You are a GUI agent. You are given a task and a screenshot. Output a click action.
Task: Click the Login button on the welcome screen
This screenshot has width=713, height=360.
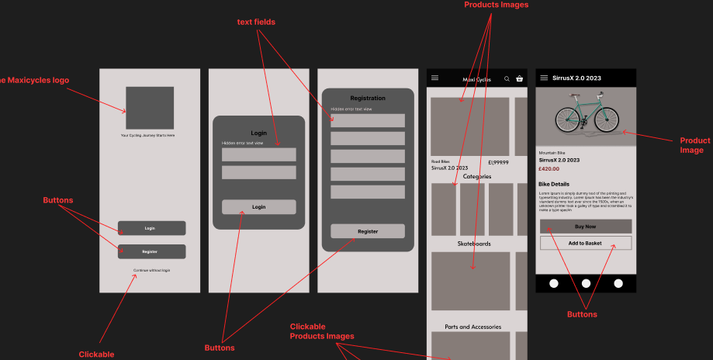151,228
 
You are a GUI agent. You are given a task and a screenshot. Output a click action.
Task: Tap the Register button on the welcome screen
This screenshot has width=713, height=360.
151,251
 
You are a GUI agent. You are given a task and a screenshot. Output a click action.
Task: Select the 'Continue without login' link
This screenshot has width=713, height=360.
151,270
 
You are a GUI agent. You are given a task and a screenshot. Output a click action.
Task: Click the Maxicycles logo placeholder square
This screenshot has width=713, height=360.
150,108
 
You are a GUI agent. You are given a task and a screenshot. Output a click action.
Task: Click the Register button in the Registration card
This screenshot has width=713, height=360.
368,231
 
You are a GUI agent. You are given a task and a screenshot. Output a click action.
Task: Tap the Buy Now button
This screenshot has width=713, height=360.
586,227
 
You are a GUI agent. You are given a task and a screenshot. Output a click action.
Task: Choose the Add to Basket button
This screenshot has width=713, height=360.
586,243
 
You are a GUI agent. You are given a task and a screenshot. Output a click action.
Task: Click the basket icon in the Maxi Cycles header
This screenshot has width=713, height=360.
519,79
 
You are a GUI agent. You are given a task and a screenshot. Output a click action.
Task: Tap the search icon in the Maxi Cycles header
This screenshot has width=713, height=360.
507,79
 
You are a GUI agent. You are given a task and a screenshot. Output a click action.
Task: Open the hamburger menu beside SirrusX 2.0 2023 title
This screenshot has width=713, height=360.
544,78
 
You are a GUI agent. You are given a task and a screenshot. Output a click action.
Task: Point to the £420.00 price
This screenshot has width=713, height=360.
549,168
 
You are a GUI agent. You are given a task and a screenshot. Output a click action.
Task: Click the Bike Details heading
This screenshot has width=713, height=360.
554,184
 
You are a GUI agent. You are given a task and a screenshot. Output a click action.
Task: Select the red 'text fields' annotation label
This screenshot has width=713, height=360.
256,22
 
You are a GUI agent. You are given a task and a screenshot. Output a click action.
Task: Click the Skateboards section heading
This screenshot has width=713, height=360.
472,244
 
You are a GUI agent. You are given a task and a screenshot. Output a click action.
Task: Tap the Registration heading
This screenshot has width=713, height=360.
368,99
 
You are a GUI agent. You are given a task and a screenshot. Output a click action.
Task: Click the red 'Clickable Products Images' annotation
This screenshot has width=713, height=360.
322,331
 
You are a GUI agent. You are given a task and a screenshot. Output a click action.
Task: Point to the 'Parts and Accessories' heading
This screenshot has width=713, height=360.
472,327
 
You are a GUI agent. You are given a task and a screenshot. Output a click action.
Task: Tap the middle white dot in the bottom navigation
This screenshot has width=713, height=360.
586,283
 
